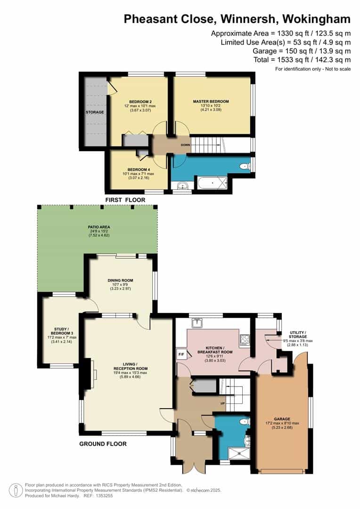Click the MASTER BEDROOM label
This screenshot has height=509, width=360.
pos(211,102)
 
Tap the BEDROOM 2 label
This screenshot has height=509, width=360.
pos(140,102)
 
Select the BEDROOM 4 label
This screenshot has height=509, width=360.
pos(139,170)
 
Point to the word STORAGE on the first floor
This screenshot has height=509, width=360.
pos(94,112)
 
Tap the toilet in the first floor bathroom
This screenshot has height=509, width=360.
pos(245,166)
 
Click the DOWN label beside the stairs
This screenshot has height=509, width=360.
pos(185,145)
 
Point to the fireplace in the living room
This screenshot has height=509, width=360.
pos(93,374)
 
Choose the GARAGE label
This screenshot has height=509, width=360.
pos(283,419)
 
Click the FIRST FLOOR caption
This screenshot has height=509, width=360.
pos(125,200)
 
